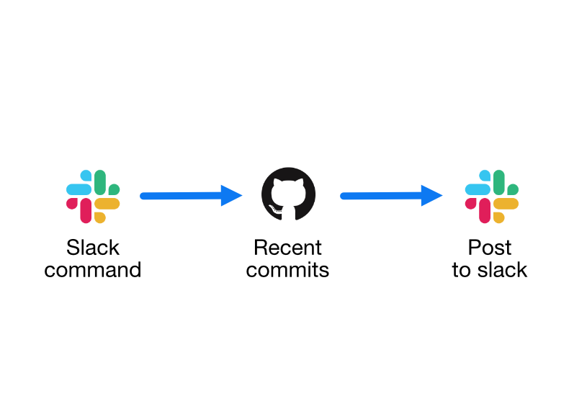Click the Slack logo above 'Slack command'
[93, 197]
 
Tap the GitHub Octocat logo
[288, 194]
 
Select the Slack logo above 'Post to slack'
[491, 197]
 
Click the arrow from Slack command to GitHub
[191, 195]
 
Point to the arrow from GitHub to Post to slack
[391, 195]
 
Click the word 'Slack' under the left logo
[93, 247]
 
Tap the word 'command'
[92, 270]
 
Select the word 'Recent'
[287, 247]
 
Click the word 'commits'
[287, 270]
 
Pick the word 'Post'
[490, 247]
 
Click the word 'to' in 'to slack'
[461, 270]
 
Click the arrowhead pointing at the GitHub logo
[231, 195]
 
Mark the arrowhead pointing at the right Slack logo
[431, 195]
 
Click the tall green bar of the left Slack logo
[100, 182]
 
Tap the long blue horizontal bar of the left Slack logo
[79, 189]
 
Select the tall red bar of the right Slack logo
[485, 211]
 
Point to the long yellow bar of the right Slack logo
[506, 204]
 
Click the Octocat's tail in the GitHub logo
[275, 211]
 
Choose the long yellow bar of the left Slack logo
[107, 204]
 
